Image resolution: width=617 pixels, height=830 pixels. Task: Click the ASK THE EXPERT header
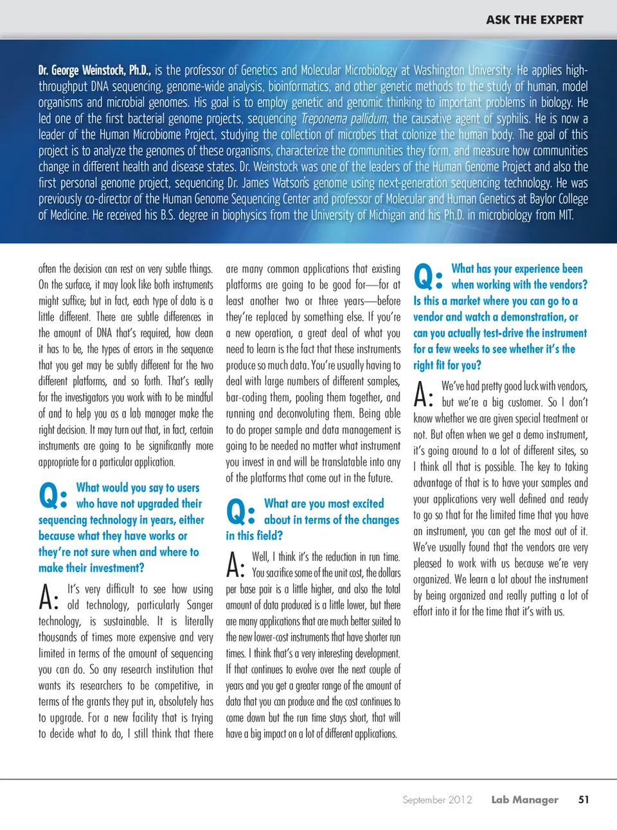[534, 20]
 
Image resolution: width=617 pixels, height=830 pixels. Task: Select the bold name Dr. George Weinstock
[94, 70]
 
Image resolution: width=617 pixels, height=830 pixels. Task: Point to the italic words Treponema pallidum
[344, 118]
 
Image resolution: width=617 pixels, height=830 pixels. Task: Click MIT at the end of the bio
[565, 215]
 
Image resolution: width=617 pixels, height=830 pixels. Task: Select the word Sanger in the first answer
[199, 605]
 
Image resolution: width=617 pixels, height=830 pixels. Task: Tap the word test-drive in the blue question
[503, 333]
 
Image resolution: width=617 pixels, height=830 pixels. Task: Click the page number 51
[584, 800]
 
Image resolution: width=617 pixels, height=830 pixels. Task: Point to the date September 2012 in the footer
[437, 800]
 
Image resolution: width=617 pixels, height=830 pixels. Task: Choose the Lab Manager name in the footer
[524, 800]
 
